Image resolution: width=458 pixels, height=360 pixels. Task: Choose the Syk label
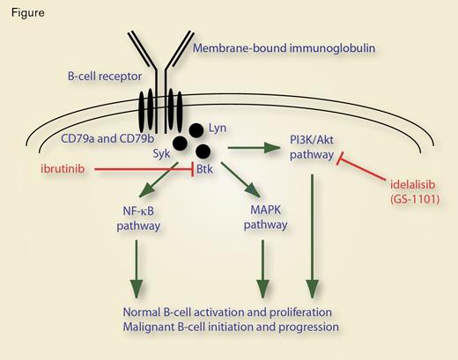coord(162,153)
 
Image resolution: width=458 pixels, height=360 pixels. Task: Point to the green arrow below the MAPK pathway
coord(261,268)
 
